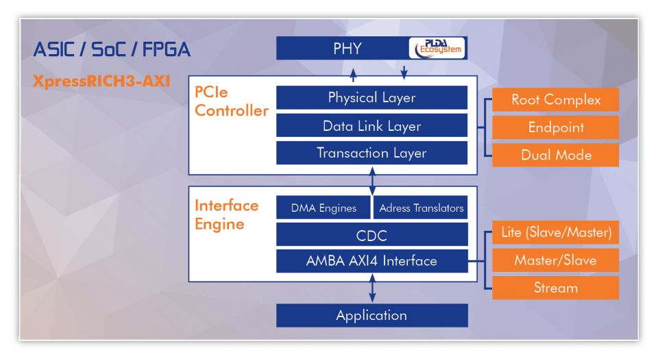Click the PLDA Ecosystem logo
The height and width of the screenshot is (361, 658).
pos(437,48)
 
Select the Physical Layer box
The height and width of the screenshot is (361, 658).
pos(371,98)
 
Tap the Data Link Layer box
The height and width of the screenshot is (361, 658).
pos(371,125)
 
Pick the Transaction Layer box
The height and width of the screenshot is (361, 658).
pos(371,153)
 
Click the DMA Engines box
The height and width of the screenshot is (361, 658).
pos(324,208)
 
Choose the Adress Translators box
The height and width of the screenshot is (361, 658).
pos(420,208)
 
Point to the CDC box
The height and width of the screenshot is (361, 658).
pos(371,234)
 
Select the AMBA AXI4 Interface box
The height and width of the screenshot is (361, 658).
pos(371,261)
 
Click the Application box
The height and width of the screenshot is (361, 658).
pos(371,315)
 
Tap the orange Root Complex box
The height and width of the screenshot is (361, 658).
pos(556,100)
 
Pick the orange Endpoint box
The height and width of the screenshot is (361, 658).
pos(556,127)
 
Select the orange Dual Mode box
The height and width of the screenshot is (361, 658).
pos(556,155)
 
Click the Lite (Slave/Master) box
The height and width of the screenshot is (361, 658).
pos(556,232)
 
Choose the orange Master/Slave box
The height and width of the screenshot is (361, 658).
pos(556,260)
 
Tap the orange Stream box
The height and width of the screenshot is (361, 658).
pos(556,288)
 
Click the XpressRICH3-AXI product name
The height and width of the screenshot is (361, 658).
pos(101,81)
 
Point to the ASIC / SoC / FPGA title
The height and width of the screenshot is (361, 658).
pos(112,49)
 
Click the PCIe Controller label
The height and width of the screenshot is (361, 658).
pos(231,101)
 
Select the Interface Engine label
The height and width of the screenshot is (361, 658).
pos(227,214)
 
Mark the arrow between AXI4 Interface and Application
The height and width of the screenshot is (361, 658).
pos(372,288)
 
